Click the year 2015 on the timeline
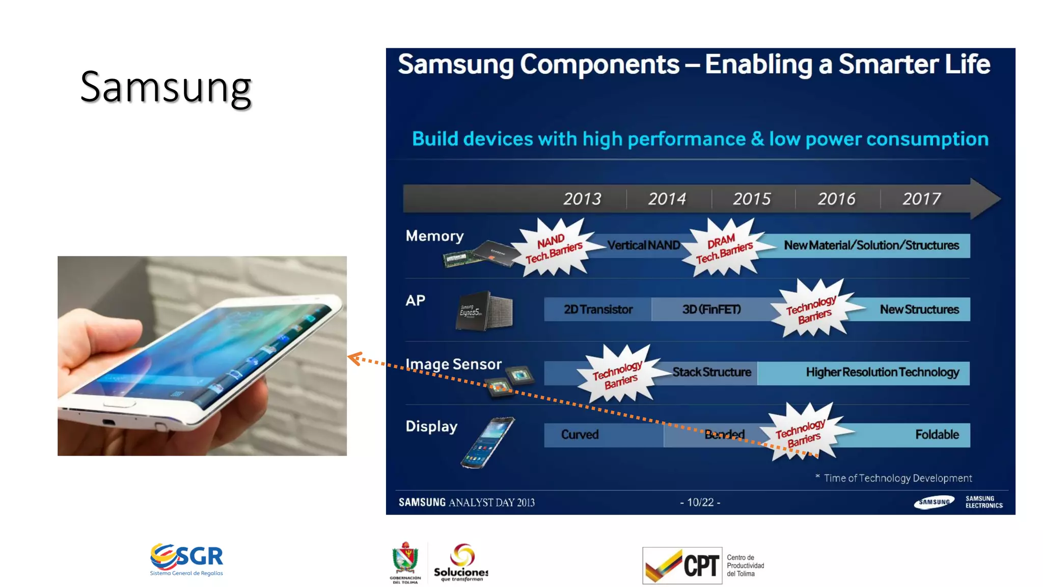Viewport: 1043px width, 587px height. click(x=752, y=199)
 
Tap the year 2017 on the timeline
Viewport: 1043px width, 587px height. click(x=921, y=199)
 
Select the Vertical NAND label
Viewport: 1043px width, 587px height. click(x=644, y=246)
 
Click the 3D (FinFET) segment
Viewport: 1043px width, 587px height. click(x=711, y=309)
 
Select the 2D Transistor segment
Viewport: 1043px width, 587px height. click(x=598, y=309)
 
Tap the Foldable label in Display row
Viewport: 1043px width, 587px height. click(x=937, y=435)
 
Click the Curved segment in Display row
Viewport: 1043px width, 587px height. click(x=580, y=435)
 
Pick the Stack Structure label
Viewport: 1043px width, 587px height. click(x=711, y=372)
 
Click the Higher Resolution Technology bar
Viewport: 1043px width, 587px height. click(x=882, y=372)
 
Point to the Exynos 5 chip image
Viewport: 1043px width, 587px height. click(x=483, y=311)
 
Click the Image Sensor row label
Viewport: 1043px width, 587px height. click(x=453, y=364)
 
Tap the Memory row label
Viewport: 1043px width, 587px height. click(x=434, y=236)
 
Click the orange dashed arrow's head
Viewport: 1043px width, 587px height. click(x=353, y=358)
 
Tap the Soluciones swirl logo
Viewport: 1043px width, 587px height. click(x=462, y=555)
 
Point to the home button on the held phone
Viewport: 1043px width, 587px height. click(x=119, y=403)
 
